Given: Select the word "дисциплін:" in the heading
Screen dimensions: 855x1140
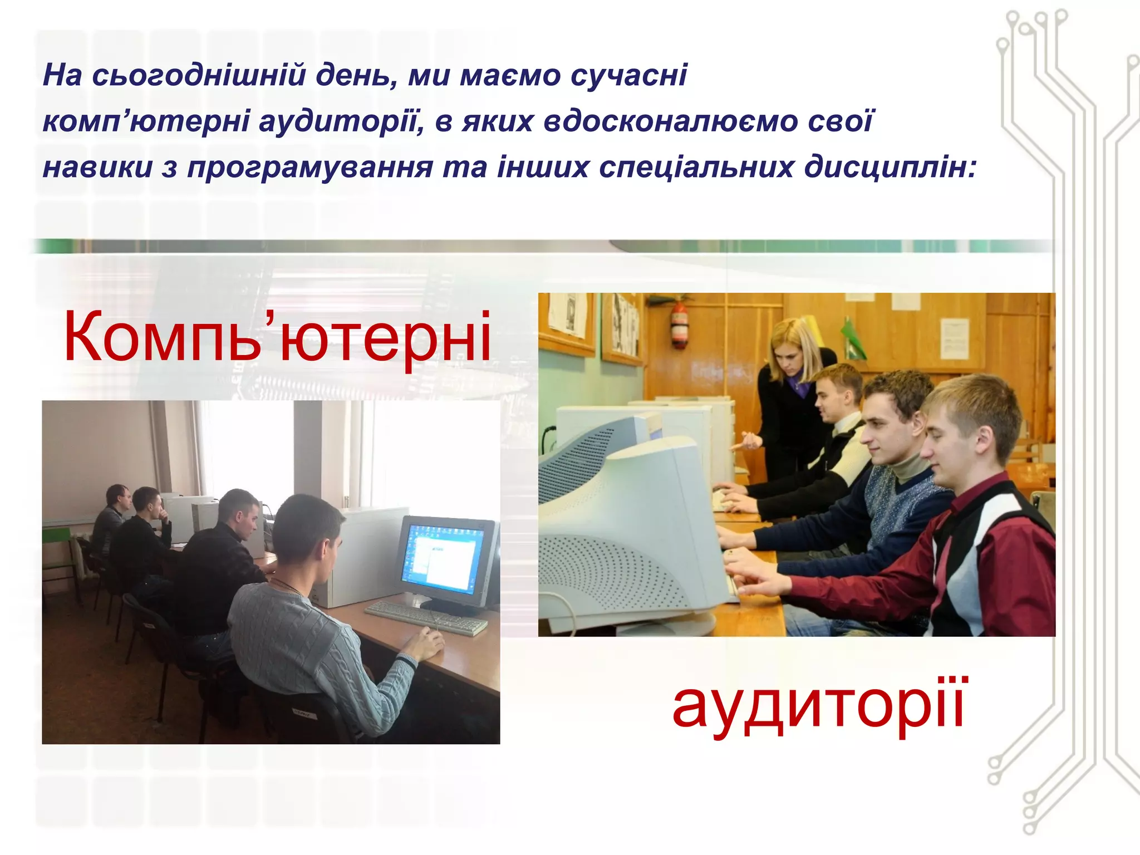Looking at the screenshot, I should pos(890,166).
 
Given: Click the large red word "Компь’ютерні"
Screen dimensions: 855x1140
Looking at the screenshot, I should pos(277,337).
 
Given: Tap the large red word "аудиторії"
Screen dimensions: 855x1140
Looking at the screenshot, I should pos(818,705).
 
